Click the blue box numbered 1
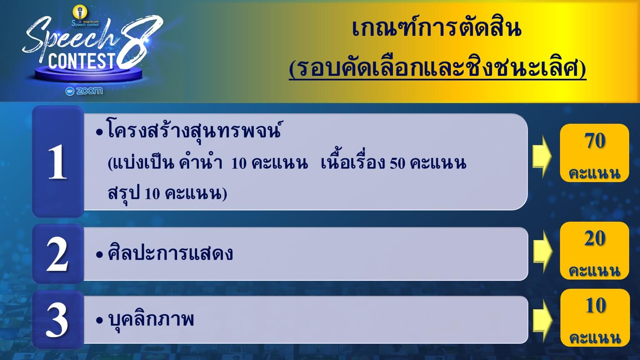58,161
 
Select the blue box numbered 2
58,254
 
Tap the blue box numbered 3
58,320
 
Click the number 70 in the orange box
595,140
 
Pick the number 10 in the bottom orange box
595,305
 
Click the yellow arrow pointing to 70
542,156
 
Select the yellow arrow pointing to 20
542,251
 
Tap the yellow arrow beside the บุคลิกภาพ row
542,320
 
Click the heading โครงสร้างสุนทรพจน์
194,131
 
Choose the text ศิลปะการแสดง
170,252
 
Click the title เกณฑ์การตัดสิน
437,28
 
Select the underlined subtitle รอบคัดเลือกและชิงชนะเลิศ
437,69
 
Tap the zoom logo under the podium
84,91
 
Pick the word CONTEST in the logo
82,61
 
